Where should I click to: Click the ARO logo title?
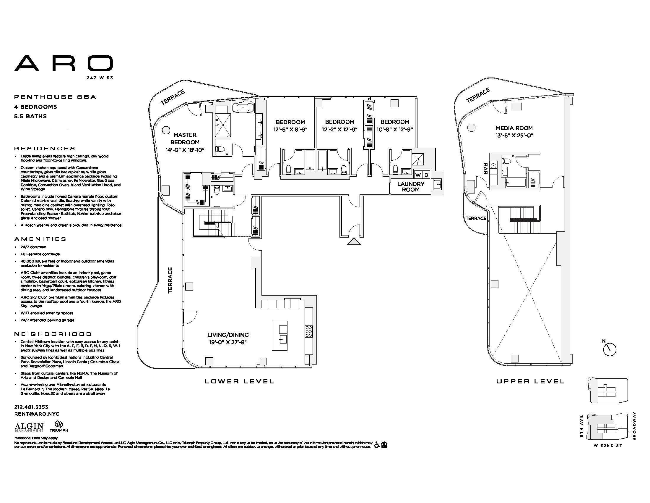(64, 63)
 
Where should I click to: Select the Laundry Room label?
(410, 186)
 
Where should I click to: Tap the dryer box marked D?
(426, 175)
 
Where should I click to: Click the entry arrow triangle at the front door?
(354, 241)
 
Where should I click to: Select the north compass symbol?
(609, 349)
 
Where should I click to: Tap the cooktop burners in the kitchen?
(309, 331)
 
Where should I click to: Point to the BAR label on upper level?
(485, 169)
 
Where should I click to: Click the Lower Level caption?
(239, 381)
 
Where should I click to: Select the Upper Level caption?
(530, 381)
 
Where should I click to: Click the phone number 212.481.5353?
(31, 407)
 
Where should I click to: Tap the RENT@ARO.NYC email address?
(37, 414)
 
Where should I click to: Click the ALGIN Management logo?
(29, 427)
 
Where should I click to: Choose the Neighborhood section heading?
(53, 334)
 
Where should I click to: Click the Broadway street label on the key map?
(634, 426)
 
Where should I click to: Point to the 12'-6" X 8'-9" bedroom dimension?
(290, 130)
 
